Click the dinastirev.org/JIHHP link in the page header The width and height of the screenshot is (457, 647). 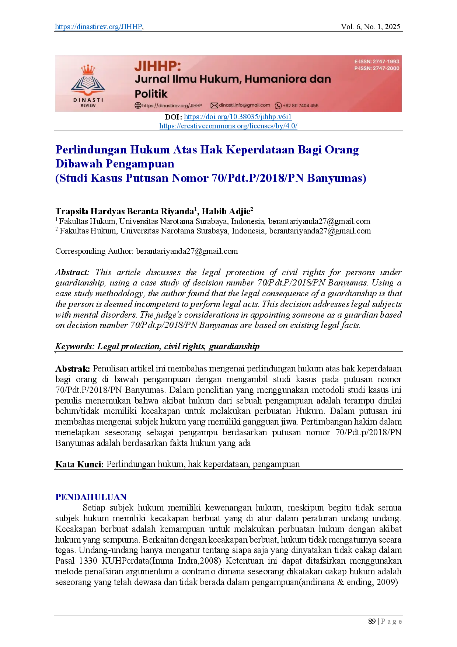point(99,27)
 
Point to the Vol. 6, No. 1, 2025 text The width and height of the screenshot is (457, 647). point(370,27)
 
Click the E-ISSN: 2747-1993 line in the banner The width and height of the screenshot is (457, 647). point(377,62)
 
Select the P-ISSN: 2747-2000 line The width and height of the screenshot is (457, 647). point(377,68)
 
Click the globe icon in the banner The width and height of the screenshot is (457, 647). point(138,105)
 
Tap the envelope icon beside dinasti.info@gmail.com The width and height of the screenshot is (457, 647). point(214,105)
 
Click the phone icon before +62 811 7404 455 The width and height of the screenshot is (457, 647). point(279,105)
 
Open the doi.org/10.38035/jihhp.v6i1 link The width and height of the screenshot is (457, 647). point(238,117)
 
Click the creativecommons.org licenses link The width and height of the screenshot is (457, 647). point(228,126)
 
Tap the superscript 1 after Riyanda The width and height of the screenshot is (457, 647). point(196,209)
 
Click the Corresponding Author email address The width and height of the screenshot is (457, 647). point(187,251)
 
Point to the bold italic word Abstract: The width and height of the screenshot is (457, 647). point(72,272)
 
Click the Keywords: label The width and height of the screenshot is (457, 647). point(75,346)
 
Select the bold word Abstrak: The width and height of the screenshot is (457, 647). point(73,369)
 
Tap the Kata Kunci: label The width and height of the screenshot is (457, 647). point(80,464)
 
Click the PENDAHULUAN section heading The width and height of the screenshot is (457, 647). point(91,497)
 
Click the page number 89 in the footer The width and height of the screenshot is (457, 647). point(372,621)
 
